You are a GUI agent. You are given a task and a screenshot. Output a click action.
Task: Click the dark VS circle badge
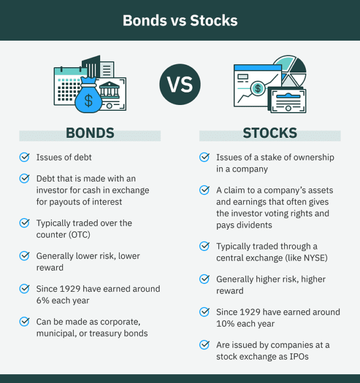(180, 85)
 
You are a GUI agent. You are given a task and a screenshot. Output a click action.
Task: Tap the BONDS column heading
(90, 133)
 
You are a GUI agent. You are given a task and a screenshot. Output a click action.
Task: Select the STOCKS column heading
(270, 133)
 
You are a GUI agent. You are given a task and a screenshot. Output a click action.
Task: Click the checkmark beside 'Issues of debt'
(25, 157)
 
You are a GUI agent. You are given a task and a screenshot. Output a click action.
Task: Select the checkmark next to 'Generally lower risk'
(25, 256)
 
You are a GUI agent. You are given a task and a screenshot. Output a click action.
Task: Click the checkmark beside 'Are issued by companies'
(204, 345)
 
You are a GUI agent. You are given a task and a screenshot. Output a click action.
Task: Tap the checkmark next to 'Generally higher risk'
(204, 279)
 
